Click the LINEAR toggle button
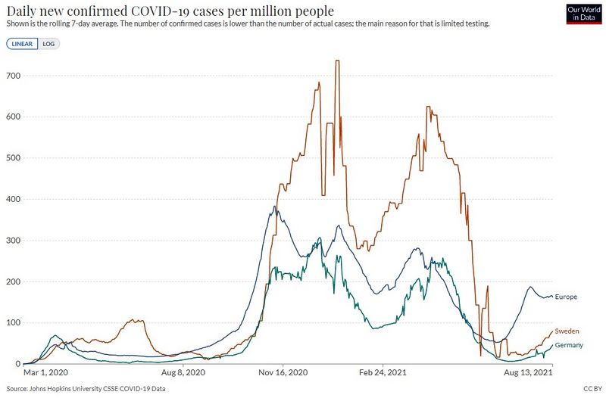click(x=22, y=44)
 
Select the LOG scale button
click(x=48, y=44)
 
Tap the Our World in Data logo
click(x=583, y=14)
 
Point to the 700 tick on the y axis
click(x=13, y=76)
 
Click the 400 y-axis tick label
click(x=13, y=199)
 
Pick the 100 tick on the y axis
click(x=13, y=323)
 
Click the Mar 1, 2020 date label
click(x=45, y=372)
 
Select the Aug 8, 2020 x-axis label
click(x=183, y=372)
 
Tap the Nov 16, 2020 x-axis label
click(x=283, y=372)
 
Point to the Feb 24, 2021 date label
click(x=383, y=372)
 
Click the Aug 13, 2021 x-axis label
click(x=528, y=372)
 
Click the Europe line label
click(x=566, y=297)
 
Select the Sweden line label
click(x=567, y=331)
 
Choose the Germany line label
click(x=569, y=345)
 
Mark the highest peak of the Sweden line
click(x=337, y=61)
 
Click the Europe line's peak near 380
click(x=274, y=207)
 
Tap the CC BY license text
click(x=593, y=389)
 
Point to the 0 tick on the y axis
click(x=17, y=364)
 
